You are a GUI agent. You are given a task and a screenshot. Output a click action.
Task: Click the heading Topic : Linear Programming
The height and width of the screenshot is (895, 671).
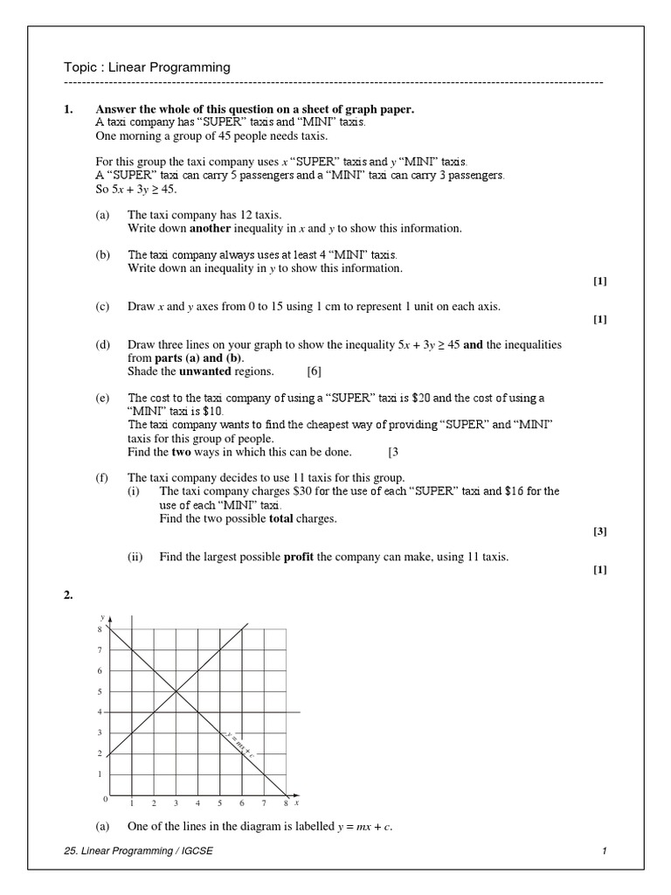pyautogui.click(x=147, y=67)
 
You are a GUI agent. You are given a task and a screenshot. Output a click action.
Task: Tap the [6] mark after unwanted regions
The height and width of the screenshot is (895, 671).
pyautogui.click(x=314, y=371)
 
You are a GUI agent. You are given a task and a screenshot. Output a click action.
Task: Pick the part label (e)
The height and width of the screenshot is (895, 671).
pyautogui.click(x=103, y=398)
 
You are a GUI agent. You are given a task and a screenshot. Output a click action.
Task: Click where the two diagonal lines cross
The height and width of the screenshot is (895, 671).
pyautogui.click(x=176, y=691)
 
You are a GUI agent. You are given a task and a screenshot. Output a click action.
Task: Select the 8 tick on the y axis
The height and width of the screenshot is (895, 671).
pyautogui.click(x=100, y=629)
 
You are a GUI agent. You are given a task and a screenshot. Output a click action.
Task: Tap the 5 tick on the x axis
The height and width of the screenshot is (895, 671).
pyautogui.click(x=220, y=803)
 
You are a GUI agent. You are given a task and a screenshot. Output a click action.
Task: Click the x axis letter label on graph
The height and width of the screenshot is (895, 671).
pyautogui.click(x=297, y=801)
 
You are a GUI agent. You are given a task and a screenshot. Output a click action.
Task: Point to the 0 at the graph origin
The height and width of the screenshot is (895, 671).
pyautogui.click(x=105, y=799)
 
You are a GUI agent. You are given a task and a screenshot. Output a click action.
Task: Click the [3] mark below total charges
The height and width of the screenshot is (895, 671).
pyautogui.click(x=599, y=531)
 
